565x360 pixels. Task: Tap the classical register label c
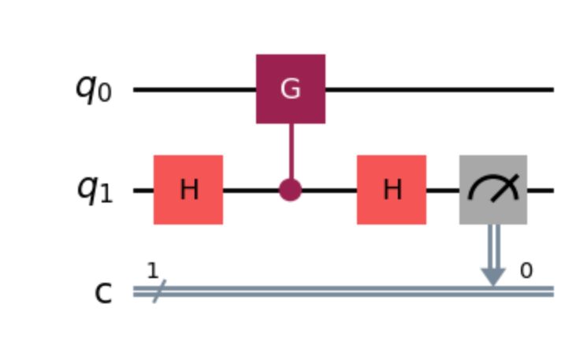tap(103, 292)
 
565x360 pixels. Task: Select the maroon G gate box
tap(290, 89)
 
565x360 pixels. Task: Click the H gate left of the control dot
tap(188, 190)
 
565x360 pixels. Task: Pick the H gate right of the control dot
tap(392, 190)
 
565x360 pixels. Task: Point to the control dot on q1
tap(290, 190)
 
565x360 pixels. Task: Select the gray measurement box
tap(493, 190)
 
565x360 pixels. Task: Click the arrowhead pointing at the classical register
tap(493, 275)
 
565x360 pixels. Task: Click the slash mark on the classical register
tap(154, 292)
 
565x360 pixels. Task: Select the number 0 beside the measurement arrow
tap(526, 272)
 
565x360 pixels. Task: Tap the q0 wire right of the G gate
tap(438, 90)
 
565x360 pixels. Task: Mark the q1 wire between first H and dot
tap(252, 191)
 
